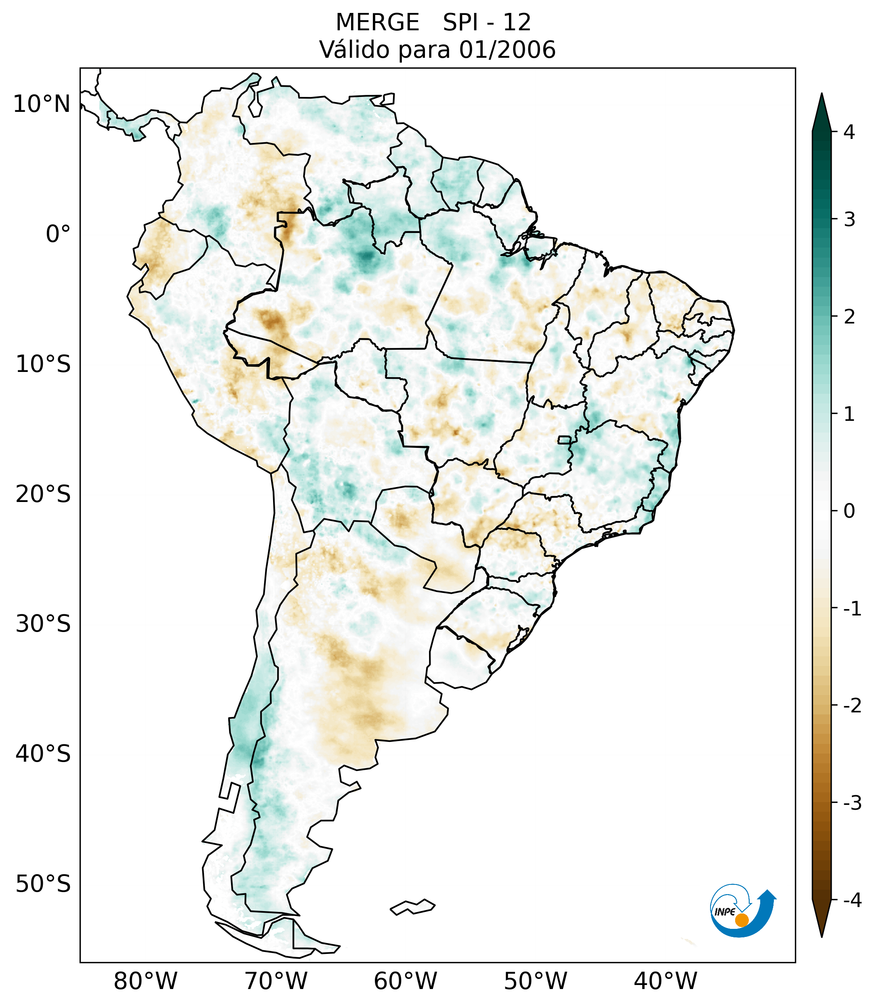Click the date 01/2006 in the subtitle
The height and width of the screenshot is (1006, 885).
pyautogui.click(x=507, y=50)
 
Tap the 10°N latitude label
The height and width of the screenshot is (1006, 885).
pyautogui.click(x=42, y=104)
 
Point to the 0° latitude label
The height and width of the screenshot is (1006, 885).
pyautogui.click(x=58, y=234)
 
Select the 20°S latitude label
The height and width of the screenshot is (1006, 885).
pyautogui.click(x=43, y=494)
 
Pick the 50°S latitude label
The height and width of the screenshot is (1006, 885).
pyautogui.click(x=43, y=884)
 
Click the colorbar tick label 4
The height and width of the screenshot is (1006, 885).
pyautogui.click(x=849, y=132)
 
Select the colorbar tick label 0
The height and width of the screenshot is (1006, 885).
pyautogui.click(x=849, y=511)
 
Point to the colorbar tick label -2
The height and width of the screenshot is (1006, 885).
pyautogui.click(x=852, y=706)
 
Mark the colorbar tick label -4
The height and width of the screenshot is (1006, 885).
pyautogui.click(x=852, y=900)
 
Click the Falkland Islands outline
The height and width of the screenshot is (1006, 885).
pyautogui.click(x=412, y=907)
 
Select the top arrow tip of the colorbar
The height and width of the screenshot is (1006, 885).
pyautogui.click(x=821, y=95)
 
